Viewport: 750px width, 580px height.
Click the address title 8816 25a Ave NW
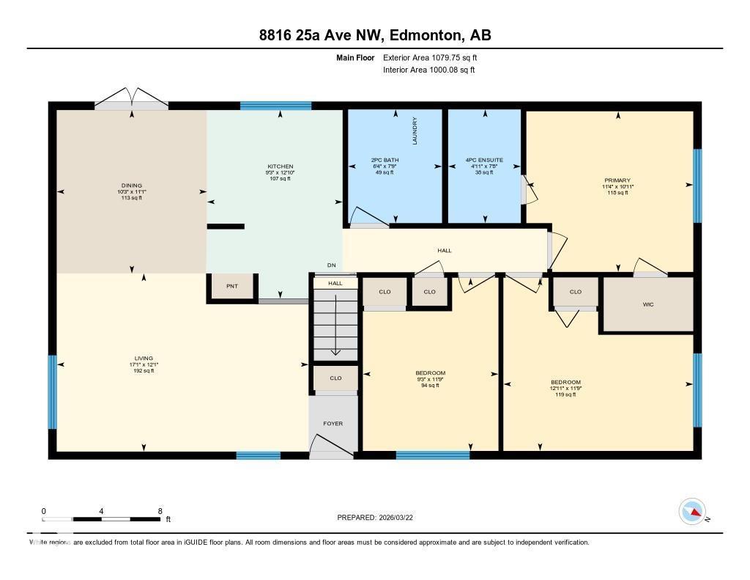(x=374, y=35)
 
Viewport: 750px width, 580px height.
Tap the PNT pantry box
(x=232, y=287)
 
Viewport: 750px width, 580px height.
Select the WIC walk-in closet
(x=647, y=304)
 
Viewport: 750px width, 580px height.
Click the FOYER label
(x=333, y=423)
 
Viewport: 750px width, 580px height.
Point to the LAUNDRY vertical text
(x=415, y=131)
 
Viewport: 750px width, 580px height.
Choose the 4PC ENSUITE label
(x=484, y=159)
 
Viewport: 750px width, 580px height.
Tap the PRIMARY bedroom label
(x=617, y=180)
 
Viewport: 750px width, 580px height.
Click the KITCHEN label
(x=280, y=166)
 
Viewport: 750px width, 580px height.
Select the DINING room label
(x=132, y=186)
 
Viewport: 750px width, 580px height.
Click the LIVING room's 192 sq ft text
(x=144, y=371)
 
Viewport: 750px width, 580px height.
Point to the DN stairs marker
(x=332, y=265)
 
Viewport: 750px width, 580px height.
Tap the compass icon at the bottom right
(x=692, y=511)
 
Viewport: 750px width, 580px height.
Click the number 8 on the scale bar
(x=160, y=511)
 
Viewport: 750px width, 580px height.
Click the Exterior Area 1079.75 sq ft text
(x=430, y=57)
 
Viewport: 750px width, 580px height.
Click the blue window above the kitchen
(x=275, y=106)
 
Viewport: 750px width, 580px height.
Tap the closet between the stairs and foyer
(x=335, y=378)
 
